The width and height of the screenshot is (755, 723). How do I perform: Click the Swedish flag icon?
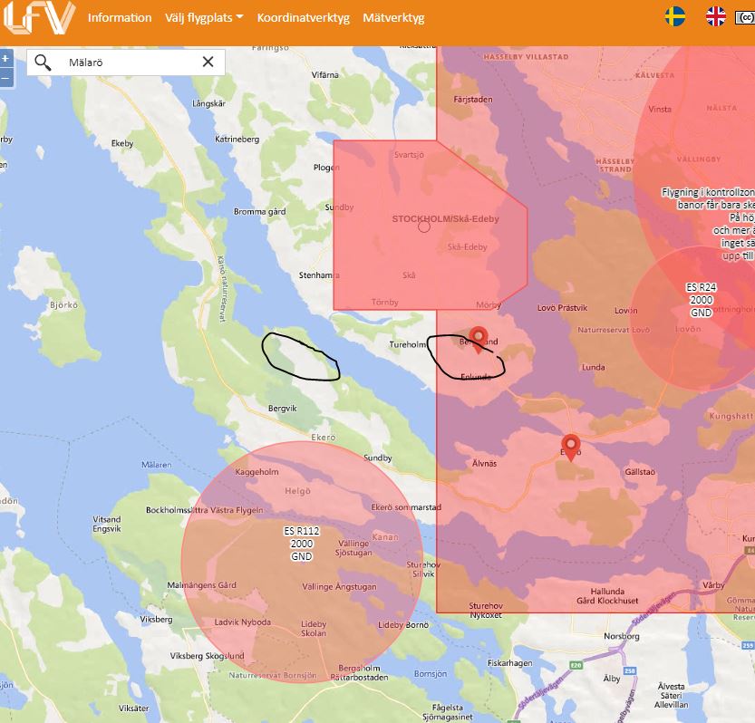pyautogui.click(x=674, y=16)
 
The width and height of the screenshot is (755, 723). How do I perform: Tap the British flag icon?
pyautogui.click(x=716, y=16)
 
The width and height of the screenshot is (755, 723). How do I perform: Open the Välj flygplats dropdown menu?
pyautogui.click(x=204, y=18)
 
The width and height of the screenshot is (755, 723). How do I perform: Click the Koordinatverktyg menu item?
pyautogui.click(x=304, y=18)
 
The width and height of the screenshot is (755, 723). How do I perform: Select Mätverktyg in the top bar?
pyautogui.click(x=393, y=18)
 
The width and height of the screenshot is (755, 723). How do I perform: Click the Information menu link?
pyautogui.click(x=120, y=18)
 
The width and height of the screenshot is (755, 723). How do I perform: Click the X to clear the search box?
pyautogui.click(x=208, y=62)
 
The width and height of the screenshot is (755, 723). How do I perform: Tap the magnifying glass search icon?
pyautogui.click(x=43, y=62)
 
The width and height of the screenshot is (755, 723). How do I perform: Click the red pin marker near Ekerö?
pyautogui.click(x=570, y=447)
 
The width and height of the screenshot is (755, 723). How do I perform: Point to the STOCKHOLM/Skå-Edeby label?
pyautogui.click(x=445, y=218)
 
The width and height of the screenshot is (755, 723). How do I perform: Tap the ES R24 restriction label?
pyautogui.click(x=702, y=288)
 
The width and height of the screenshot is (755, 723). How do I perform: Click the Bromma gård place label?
pyautogui.click(x=261, y=212)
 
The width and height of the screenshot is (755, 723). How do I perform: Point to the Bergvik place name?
pyautogui.click(x=283, y=409)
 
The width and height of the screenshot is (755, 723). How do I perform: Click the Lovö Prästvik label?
pyautogui.click(x=562, y=308)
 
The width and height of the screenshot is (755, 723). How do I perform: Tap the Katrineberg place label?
pyautogui.click(x=237, y=140)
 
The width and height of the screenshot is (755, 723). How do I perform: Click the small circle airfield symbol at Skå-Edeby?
pyautogui.click(x=424, y=227)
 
